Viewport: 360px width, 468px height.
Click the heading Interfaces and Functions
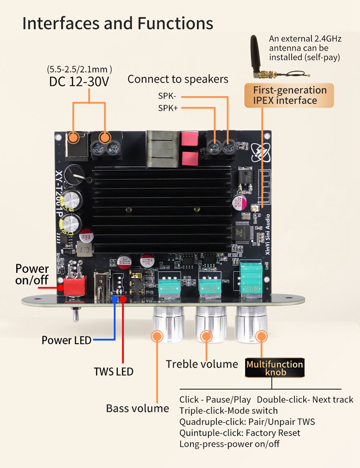117,23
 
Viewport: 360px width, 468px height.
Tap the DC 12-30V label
79,81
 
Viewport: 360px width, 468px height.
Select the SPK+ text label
167,108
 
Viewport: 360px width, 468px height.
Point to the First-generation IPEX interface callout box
289,95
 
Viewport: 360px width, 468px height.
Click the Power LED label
66,340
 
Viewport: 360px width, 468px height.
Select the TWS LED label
113,372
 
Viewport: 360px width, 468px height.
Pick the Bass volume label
137,408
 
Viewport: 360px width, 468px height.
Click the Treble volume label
202,364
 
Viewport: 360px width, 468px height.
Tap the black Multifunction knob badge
274,368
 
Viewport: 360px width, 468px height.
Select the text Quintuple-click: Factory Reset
239,433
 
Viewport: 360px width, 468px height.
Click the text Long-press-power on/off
229,444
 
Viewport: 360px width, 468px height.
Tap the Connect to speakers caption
178,80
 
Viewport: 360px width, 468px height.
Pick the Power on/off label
32,274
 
